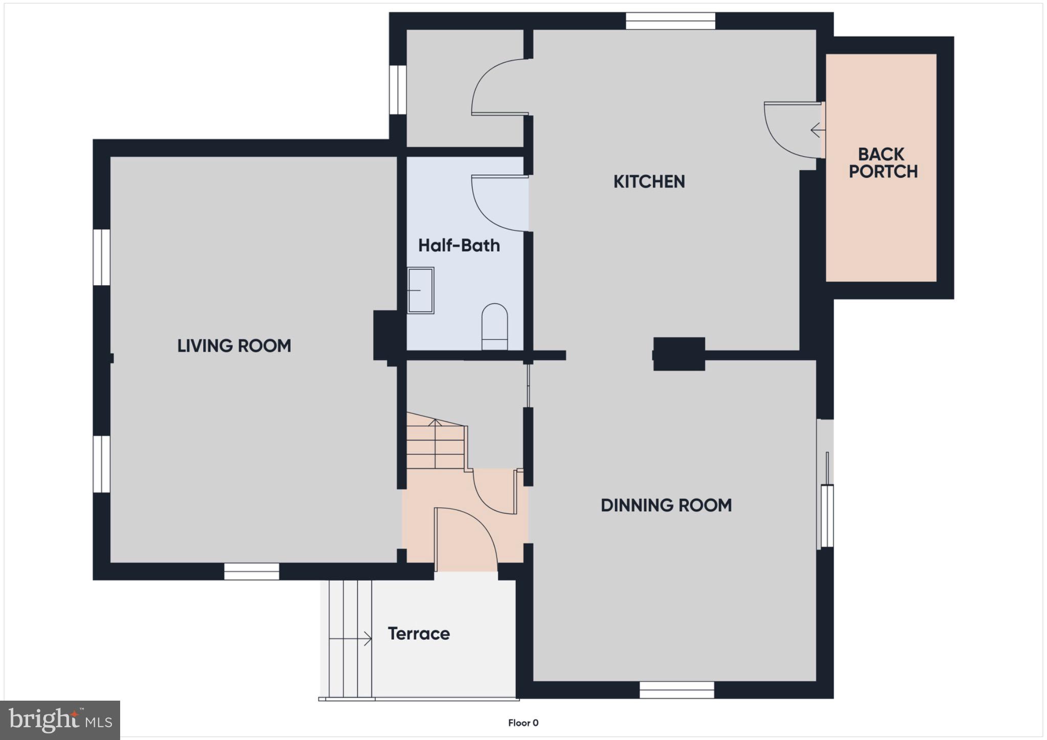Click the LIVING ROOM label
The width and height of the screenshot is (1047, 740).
[234, 346]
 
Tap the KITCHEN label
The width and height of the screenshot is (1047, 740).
[649, 181]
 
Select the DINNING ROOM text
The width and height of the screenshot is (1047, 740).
[666, 505]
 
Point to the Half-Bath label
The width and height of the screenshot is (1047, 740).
[459, 246]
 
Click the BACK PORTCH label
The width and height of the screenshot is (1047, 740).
[883, 163]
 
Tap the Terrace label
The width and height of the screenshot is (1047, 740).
[419, 634]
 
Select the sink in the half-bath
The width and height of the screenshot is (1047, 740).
[420, 290]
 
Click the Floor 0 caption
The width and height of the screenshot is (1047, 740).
[523, 723]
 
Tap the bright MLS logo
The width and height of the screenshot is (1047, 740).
[60, 720]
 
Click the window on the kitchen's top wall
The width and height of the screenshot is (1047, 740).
[670, 21]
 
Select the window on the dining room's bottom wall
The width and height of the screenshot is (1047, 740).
[676, 689]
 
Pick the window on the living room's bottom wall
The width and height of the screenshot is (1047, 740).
[252, 571]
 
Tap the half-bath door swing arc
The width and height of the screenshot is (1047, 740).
[493, 210]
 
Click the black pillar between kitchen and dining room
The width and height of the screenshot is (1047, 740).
[679, 354]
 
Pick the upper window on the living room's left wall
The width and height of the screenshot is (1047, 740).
[101, 257]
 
